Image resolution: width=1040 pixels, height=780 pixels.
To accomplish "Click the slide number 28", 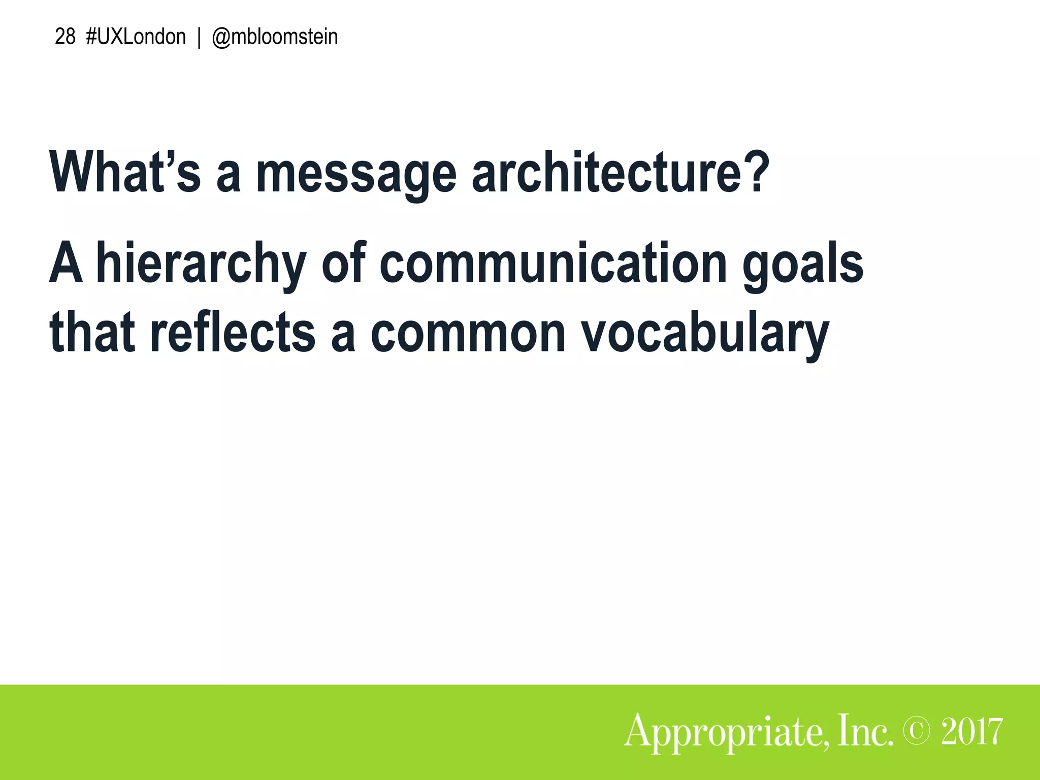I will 64,37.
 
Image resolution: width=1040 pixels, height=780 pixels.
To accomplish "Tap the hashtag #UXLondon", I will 136,37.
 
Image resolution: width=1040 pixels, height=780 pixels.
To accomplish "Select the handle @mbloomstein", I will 275,37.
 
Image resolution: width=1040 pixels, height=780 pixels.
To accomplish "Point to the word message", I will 356,173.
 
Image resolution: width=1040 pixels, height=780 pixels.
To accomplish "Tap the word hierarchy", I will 201,264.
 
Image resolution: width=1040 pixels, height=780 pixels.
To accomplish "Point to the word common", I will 468,333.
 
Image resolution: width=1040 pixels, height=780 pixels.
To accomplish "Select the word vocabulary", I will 705,333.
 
